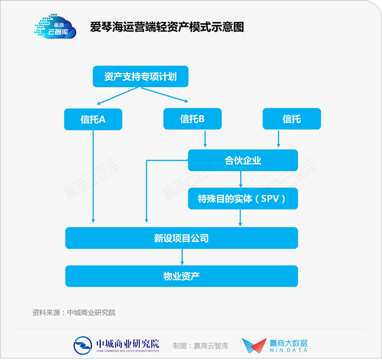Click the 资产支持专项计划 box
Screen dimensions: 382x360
pyautogui.click(x=141, y=76)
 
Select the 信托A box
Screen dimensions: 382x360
pyautogui.click(x=93, y=119)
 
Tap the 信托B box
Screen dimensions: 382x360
pyautogui.click(x=193, y=119)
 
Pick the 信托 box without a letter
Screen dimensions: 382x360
pyautogui.click(x=291, y=119)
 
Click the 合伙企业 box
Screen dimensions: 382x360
pyautogui.click(x=243, y=160)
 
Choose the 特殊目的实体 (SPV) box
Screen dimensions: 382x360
pyautogui.click(x=243, y=199)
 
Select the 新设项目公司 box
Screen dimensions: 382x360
pyautogui.click(x=182, y=238)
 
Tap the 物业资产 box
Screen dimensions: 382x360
pyautogui.click(x=182, y=276)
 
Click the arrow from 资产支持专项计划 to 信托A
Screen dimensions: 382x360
pyautogui.click(x=117, y=96)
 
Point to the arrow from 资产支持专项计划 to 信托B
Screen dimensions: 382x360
pyautogui.click(x=165, y=95)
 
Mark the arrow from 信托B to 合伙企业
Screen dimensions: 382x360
pyautogui.click(x=205, y=139)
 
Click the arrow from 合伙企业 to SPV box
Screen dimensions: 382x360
pyautogui.click(x=241, y=179)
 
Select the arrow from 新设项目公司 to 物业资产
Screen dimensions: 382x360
pyautogui.click(x=182, y=257)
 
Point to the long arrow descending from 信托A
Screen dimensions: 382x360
pyautogui.click(x=93, y=176)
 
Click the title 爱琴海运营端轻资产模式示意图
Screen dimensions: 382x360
pyautogui.click(x=167, y=27)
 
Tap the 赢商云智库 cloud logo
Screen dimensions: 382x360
pyautogui.click(x=55, y=26)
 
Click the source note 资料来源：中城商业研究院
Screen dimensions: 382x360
pyautogui.click(x=74, y=313)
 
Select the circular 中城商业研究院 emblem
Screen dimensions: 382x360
pyautogui.click(x=82, y=345)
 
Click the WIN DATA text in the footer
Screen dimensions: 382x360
pyautogui.click(x=288, y=350)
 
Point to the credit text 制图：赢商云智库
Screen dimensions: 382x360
pyautogui.click(x=201, y=346)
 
